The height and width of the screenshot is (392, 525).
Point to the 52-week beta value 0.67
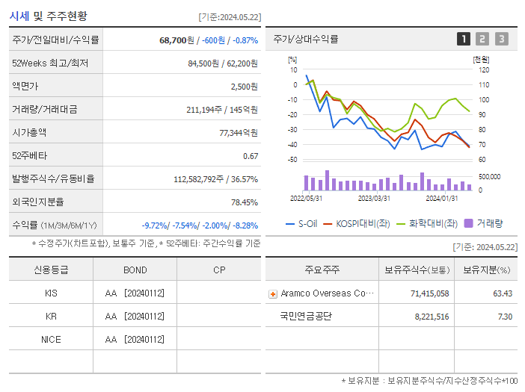(251, 156)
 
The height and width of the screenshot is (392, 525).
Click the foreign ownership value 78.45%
(244, 202)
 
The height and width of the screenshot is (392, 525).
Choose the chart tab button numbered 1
(464, 39)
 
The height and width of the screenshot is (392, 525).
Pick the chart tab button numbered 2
(482, 39)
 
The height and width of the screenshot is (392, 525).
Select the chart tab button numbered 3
(501, 39)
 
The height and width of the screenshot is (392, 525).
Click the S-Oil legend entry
(301, 223)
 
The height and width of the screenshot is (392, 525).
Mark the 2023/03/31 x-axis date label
(374, 199)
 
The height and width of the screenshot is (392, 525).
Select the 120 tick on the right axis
(484, 69)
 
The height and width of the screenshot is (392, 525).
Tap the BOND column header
(135, 270)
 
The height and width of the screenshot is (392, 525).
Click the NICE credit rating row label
(51, 339)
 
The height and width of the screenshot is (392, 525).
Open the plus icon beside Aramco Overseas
(273, 293)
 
